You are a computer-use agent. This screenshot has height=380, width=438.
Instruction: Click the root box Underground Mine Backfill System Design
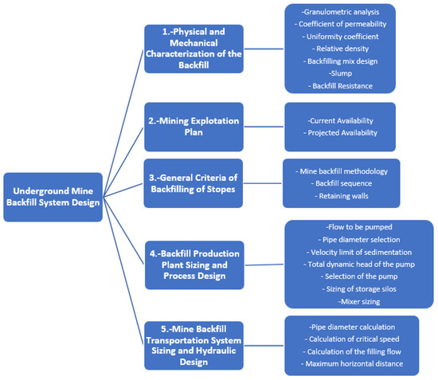tap(53, 197)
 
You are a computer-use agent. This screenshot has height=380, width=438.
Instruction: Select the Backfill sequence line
tap(342, 182)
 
